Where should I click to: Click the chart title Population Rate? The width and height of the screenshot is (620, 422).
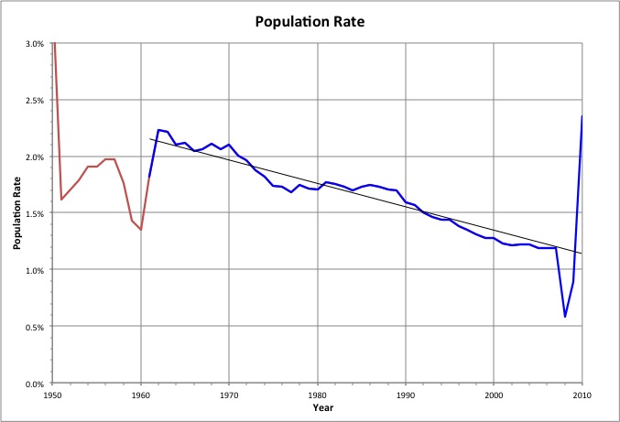310,19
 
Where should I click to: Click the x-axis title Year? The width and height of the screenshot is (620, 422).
317,406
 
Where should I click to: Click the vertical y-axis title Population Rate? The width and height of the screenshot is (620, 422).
16,212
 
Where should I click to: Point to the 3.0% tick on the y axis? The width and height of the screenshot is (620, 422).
36,44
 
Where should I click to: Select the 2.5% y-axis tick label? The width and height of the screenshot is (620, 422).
36,101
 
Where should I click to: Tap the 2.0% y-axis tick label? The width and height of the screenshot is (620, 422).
36,157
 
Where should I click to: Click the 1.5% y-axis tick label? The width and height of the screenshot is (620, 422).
36,213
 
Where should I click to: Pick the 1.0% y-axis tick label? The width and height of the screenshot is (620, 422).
36,270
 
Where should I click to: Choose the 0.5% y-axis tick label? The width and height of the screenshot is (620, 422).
36,327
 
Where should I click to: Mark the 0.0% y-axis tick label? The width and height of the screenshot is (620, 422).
36,384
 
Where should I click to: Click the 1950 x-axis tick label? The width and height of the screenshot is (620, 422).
53,394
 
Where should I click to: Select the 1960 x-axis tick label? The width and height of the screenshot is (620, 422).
141,394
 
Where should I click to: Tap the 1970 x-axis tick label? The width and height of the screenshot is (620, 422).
229,394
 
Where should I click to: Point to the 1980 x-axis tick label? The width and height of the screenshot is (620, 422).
317,394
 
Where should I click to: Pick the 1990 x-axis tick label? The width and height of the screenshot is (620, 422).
405,394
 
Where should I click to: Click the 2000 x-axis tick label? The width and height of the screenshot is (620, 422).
493,394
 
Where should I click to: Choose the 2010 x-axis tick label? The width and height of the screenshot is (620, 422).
581,394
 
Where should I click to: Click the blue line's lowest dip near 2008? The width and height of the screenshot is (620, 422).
565,317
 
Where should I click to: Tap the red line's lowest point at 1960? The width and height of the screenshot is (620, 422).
141,230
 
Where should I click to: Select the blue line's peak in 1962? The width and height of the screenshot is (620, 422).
158,130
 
